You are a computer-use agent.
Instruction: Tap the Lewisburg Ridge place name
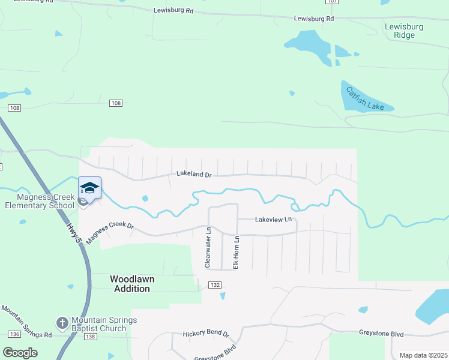404,31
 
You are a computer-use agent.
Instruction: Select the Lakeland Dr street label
194,175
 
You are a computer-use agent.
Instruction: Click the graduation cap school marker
90,188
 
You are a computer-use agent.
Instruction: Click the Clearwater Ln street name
208,247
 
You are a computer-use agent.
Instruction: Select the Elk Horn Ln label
237,251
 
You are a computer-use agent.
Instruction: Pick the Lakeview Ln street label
273,220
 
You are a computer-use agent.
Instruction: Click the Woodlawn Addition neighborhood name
130,284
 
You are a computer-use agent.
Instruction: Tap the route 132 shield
214,284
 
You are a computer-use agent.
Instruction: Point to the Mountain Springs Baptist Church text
99,324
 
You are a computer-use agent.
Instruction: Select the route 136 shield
15,334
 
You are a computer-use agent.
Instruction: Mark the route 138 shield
91,338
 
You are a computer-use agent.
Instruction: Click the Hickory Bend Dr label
206,334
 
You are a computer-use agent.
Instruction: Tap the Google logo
20,353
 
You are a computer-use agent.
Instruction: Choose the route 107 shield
332,2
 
